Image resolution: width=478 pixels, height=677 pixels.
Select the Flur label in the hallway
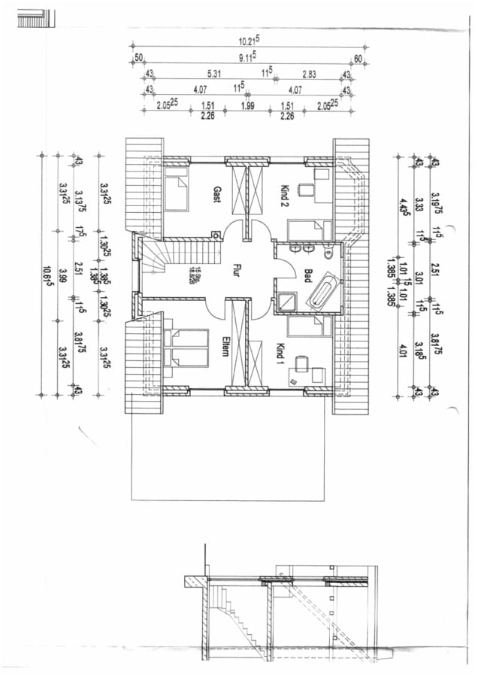click(x=236, y=269)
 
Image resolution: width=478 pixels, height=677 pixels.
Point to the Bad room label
click(x=307, y=275)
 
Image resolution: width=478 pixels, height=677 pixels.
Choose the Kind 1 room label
click(x=281, y=352)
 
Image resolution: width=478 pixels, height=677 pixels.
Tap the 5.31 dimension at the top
click(x=213, y=73)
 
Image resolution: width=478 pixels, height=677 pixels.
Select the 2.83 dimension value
click(x=309, y=73)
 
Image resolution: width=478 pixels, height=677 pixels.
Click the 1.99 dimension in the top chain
click(x=247, y=106)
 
